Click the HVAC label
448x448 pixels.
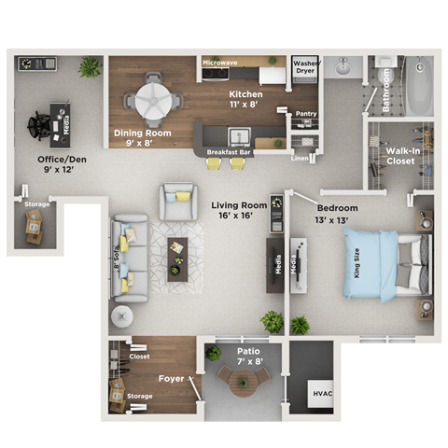pyautogui.click(x=322, y=393)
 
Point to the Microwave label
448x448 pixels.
pyautogui.click(x=220, y=63)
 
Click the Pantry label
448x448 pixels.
pyautogui.click(x=305, y=113)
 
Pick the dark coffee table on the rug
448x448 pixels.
pyautogui.click(x=176, y=257)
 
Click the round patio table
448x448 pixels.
pyautogui.click(x=243, y=381)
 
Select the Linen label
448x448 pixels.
pyautogui.click(x=299, y=159)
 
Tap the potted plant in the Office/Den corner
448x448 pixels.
pyautogui.click(x=90, y=67)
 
